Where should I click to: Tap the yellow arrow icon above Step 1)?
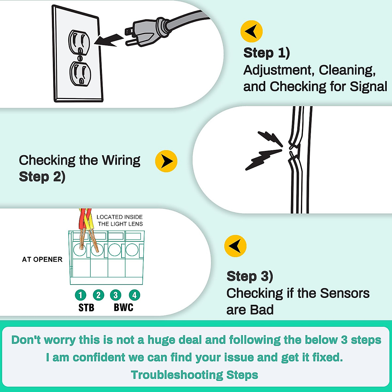tap(252, 31)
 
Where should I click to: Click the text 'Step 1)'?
tap(267, 53)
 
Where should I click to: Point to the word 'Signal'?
tap(368, 87)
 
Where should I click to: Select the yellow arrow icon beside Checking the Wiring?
tap(166, 161)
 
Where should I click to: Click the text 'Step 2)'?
tap(42, 177)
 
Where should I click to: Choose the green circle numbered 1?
tap(80, 295)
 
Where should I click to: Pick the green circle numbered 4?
tap(134, 295)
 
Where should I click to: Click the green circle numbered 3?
tap(115, 295)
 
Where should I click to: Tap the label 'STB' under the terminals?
tap(86, 308)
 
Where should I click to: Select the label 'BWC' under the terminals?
tap(123, 308)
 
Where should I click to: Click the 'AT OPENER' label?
tap(42, 259)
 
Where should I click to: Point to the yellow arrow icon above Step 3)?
tap(235, 246)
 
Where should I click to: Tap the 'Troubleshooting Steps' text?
tap(194, 375)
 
